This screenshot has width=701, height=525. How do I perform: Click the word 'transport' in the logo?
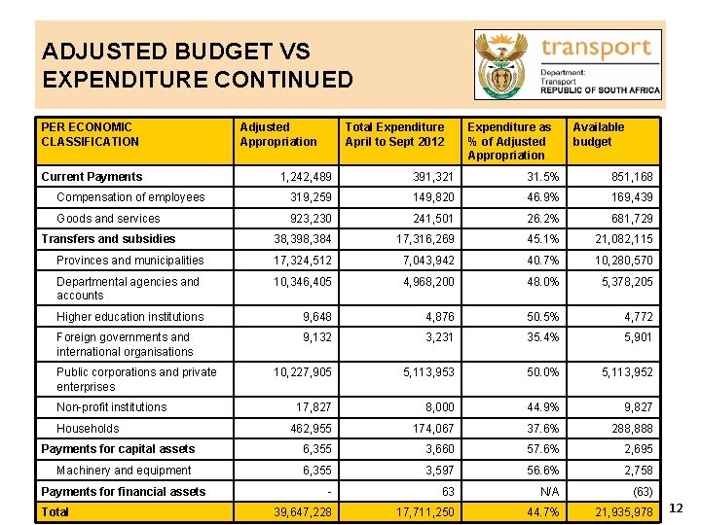(596, 49)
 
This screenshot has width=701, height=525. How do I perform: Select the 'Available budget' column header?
(598, 134)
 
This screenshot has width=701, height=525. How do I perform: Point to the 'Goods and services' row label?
(108, 219)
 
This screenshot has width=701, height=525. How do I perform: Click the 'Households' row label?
(88, 429)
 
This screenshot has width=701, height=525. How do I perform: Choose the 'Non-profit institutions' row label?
(111, 407)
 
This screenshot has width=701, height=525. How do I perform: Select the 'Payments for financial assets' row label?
(124, 492)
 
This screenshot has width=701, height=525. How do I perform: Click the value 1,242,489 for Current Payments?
(305, 177)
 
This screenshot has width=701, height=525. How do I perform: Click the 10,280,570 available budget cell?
(618, 261)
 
